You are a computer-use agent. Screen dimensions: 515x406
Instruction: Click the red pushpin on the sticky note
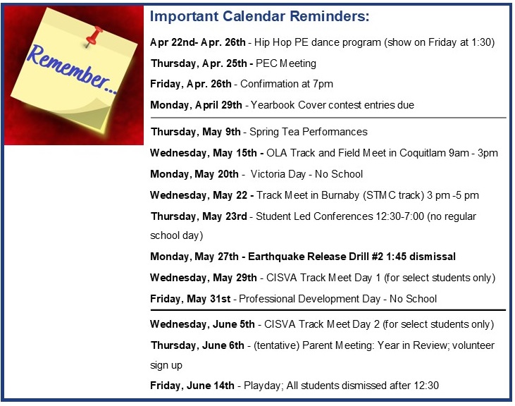coord(93,36)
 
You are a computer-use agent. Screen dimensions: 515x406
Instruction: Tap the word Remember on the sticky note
coord(68,68)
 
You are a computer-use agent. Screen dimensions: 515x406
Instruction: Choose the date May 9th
coord(221,132)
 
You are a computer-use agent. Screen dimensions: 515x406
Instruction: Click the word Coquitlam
coord(423,153)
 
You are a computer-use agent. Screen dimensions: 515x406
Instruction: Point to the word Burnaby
coord(340,195)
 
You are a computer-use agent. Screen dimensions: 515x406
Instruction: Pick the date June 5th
coord(233,324)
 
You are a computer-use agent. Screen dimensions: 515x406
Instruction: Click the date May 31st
coord(209,299)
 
